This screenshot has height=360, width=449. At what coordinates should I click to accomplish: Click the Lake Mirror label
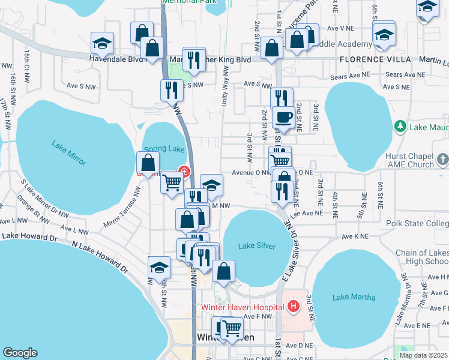(x=69, y=153)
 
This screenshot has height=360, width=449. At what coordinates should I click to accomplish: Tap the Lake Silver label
(x=256, y=246)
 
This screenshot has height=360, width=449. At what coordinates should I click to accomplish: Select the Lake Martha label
(x=354, y=297)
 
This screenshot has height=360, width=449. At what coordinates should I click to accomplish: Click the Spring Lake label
(x=155, y=148)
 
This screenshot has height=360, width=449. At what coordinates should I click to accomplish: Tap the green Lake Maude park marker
(x=400, y=127)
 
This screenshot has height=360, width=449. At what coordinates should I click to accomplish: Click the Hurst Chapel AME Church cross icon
(x=442, y=160)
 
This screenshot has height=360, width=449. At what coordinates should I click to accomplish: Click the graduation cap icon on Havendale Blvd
(x=103, y=43)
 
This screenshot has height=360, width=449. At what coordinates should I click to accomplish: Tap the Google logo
(x=20, y=353)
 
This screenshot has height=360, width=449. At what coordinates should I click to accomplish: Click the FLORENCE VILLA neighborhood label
(x=375, y=59)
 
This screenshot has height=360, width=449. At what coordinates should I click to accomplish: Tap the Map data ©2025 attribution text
(x=423, y=355)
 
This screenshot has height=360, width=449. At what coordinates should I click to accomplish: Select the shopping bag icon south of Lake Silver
(x=224, y=271)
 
